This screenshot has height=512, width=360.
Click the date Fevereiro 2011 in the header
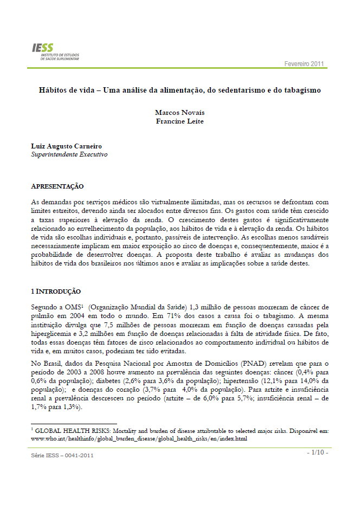304,64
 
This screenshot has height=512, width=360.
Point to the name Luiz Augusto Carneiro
67,146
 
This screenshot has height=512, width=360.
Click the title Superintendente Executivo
69,155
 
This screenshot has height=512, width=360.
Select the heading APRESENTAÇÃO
57,186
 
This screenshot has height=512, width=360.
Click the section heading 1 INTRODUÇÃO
56,291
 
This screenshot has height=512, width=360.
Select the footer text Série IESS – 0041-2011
62,455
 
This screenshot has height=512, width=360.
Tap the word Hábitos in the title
52,89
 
